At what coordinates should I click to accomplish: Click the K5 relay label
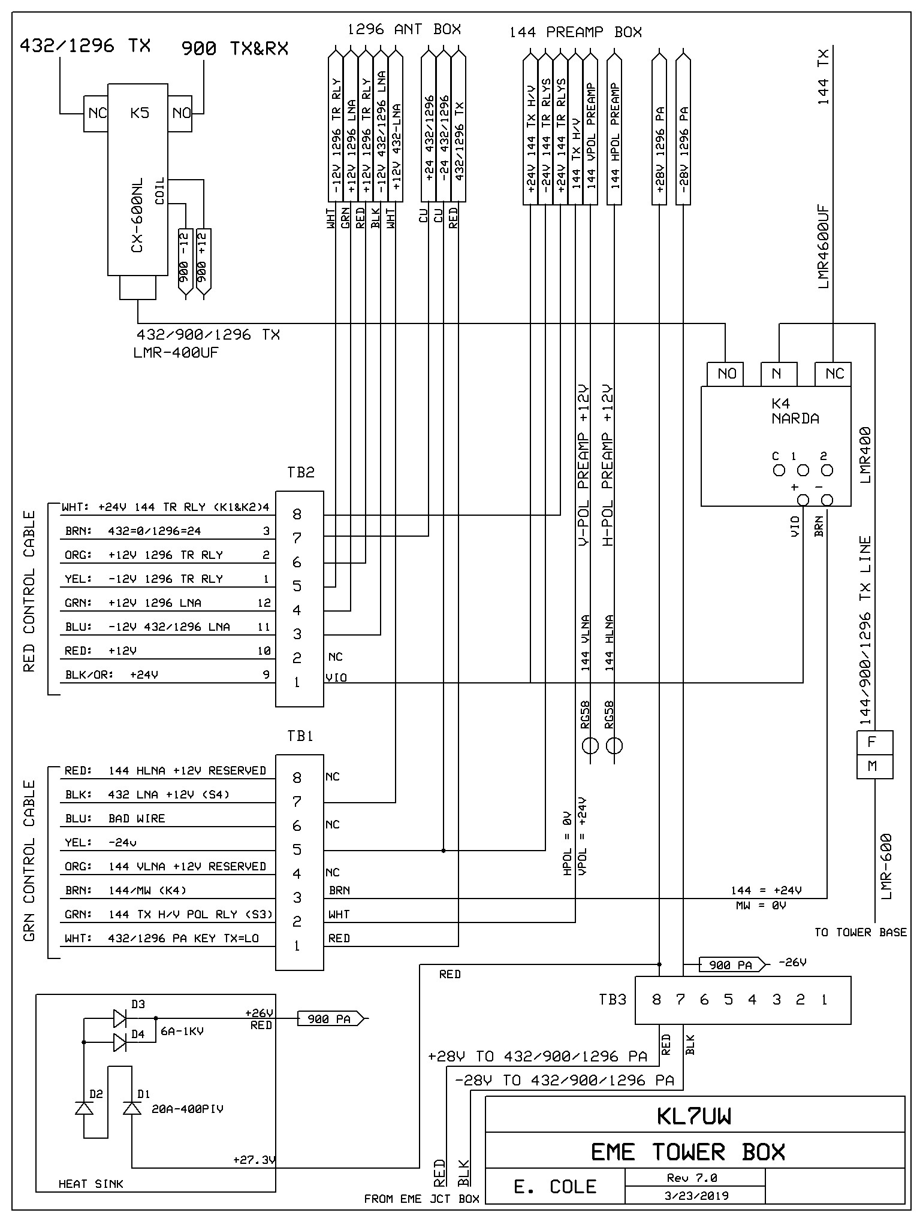pyautogui.click(x=139, y=113)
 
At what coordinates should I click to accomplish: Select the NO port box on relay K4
pyautogui.click(x=726, y=374)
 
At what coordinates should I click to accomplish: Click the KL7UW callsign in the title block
pyautogui.click(x=693, y=1116)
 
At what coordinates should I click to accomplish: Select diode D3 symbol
pyautogui.click(x=120, y=1017)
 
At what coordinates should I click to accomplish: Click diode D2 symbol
pyautogui.click(x=85, y=1108)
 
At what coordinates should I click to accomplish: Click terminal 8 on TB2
pyautogui.click(x=297, y=514)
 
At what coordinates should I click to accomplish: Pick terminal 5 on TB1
pyautogui.click(x=297, y=849)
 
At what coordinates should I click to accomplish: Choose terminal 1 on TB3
pyautogui.click(x=825, y=1000)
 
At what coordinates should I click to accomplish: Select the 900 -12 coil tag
pyautogui.click(x=186, y=264)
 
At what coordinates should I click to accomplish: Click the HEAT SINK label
pyautogui.click(x=91, y=1184)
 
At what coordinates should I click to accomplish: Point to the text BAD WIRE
pyautogui.click(x=137, y=819)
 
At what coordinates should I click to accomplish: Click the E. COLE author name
pyautogui.click(x=555, y=1186)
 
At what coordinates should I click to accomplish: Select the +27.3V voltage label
pyautogui.click(x=254, y=1160)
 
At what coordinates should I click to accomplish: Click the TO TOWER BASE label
pyautogui.click(x=860, y=933)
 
